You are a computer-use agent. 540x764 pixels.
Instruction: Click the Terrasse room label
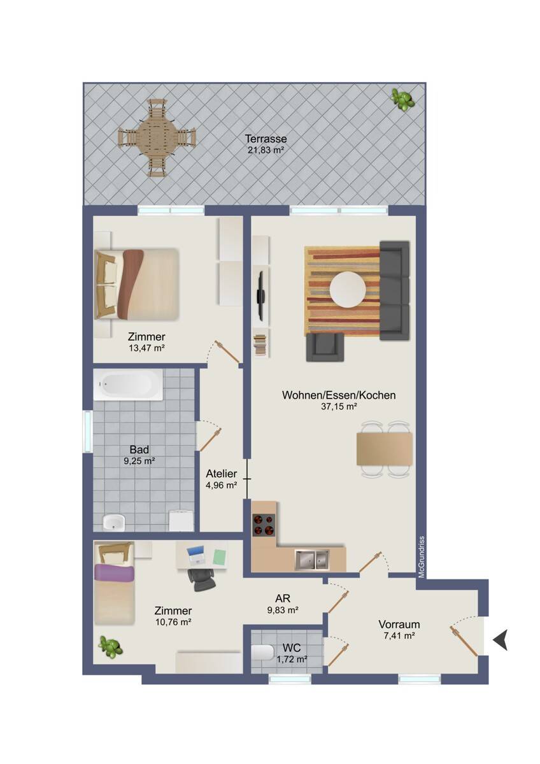266,139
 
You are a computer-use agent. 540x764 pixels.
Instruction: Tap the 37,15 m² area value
339,406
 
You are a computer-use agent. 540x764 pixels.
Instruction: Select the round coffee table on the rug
348,290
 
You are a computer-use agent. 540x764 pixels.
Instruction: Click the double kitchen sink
312,560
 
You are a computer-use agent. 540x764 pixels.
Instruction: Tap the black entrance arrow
501,639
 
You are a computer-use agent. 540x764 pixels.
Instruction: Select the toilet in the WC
262,651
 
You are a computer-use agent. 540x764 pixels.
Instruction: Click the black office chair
201,580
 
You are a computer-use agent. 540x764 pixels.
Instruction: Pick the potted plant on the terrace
402,99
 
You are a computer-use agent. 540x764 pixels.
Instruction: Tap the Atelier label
222,474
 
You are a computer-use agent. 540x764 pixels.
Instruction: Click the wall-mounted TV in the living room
261,295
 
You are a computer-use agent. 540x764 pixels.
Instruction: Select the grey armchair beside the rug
325,347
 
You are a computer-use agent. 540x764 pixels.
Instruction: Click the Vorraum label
399,625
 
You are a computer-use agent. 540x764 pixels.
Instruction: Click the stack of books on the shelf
260,346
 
